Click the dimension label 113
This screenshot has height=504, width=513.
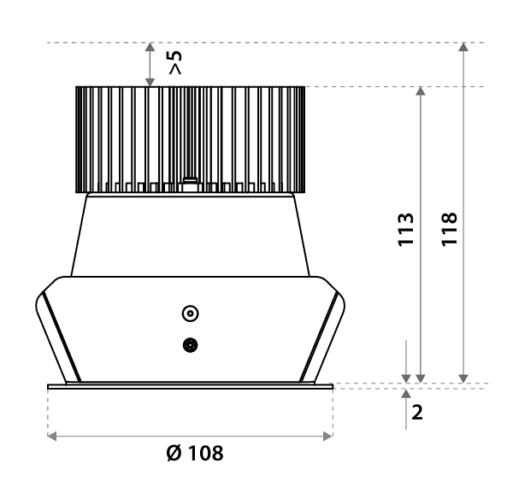[x=405, y=230]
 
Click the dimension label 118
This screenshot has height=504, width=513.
[x=449, y=230]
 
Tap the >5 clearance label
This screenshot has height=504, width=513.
[x=175, y=62]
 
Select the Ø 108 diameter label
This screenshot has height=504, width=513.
[x=195, y=453]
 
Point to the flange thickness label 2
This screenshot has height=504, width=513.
[x=417, y=412]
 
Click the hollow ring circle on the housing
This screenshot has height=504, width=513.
[x=190, y=314]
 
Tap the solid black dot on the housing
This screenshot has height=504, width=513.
[x=190, y=345]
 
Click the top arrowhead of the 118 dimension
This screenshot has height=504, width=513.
[x=463, y=47]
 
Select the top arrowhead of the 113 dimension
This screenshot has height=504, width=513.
[x=421, y=91]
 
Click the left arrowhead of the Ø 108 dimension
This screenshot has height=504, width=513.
[x=52, y=436]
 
